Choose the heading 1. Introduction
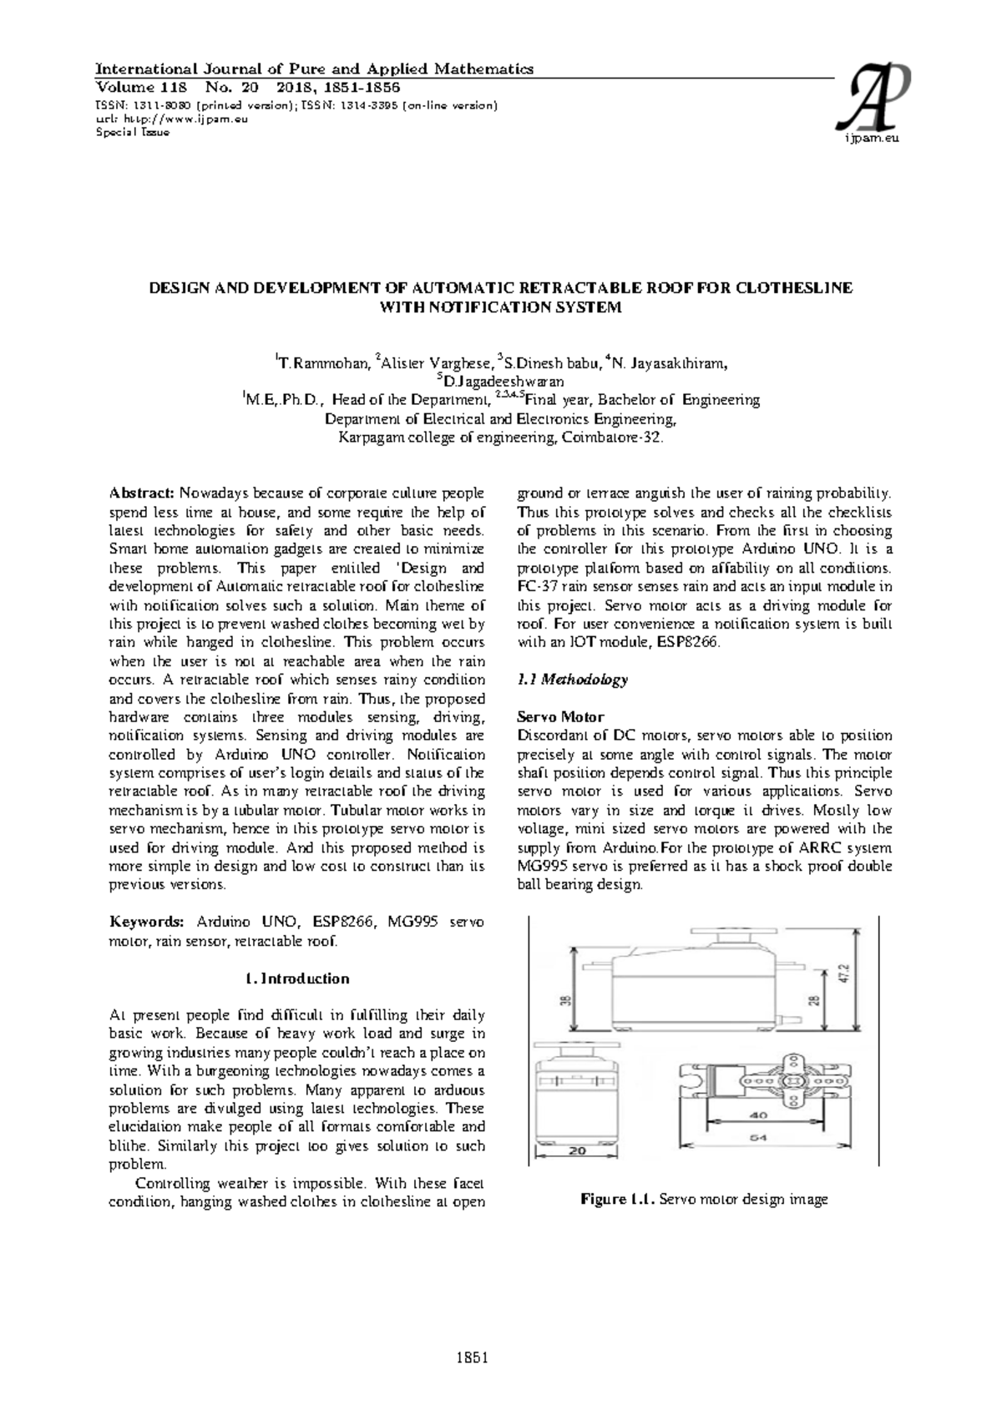(297, 978)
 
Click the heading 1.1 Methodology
(572, 680)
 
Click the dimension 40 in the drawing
(758, 1115)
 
